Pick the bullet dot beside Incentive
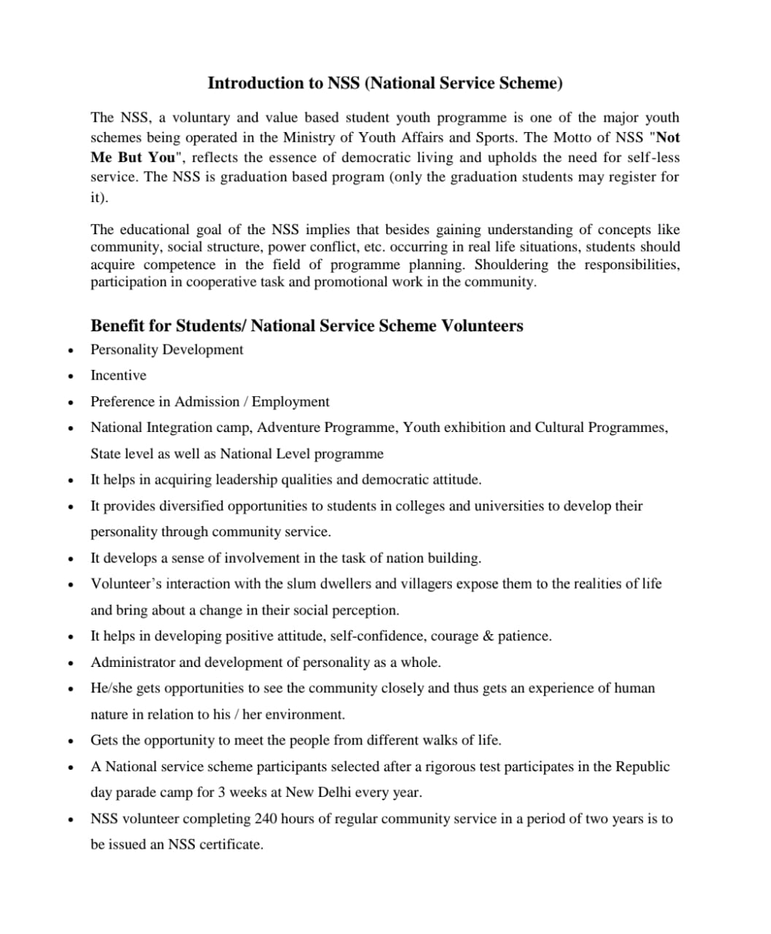pyautogui.click(x=69, y=377)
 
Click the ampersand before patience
pyautogui.click(x=487, y=636)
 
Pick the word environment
pyautogui.click(x=305, y=714)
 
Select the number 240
pyautogui.click(x=266, y=819)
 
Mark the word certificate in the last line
pyautogui.click(x=231, y=845)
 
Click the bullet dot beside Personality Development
pyautogui.click(x=69, y=350)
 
